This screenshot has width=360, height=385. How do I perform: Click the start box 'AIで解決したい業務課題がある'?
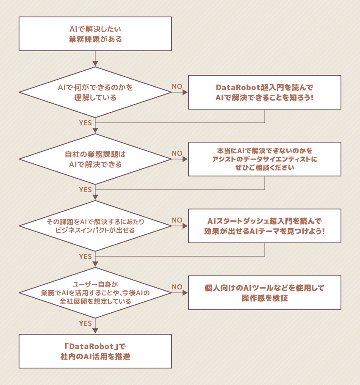(x=95, y=34)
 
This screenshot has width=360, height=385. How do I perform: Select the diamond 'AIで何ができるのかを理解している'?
(x=95, y=92)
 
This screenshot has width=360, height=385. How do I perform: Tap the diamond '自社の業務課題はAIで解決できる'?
(x=95, y=159)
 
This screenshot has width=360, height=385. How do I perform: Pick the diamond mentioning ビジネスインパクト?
(x=95, y=226)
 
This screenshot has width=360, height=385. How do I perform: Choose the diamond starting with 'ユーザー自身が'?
(x=95, y=293)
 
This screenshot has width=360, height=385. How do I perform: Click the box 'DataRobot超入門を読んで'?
(x=264, y=92)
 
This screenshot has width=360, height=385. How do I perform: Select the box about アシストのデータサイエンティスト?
(x=264, y=159)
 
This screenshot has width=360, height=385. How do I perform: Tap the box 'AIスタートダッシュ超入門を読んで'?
(x=264, y=226)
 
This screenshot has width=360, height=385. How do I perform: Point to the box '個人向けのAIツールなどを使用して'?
(x=264, y=293)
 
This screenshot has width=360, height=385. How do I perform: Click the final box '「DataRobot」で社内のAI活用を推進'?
(x=95, y=351)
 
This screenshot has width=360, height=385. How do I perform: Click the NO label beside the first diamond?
(x=177, y=86)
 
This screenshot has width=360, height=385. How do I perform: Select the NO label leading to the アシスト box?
(x=177, y=153)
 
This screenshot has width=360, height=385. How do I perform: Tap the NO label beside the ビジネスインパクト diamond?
(x=177, y=220)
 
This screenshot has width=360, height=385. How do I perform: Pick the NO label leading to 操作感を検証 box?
(x=177, y=287)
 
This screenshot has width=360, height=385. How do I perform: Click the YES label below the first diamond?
(x=85, y=123)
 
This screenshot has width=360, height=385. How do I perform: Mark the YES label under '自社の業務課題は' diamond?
(x=85, y=190)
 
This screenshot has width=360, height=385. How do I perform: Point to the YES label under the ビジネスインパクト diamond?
(x=85, y=256)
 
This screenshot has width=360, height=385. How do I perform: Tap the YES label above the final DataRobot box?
(x=85, y=323)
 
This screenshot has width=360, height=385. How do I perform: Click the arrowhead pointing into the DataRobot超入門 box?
(x=185, y=92)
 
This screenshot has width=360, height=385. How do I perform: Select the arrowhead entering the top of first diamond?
(x=95, y=64)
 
